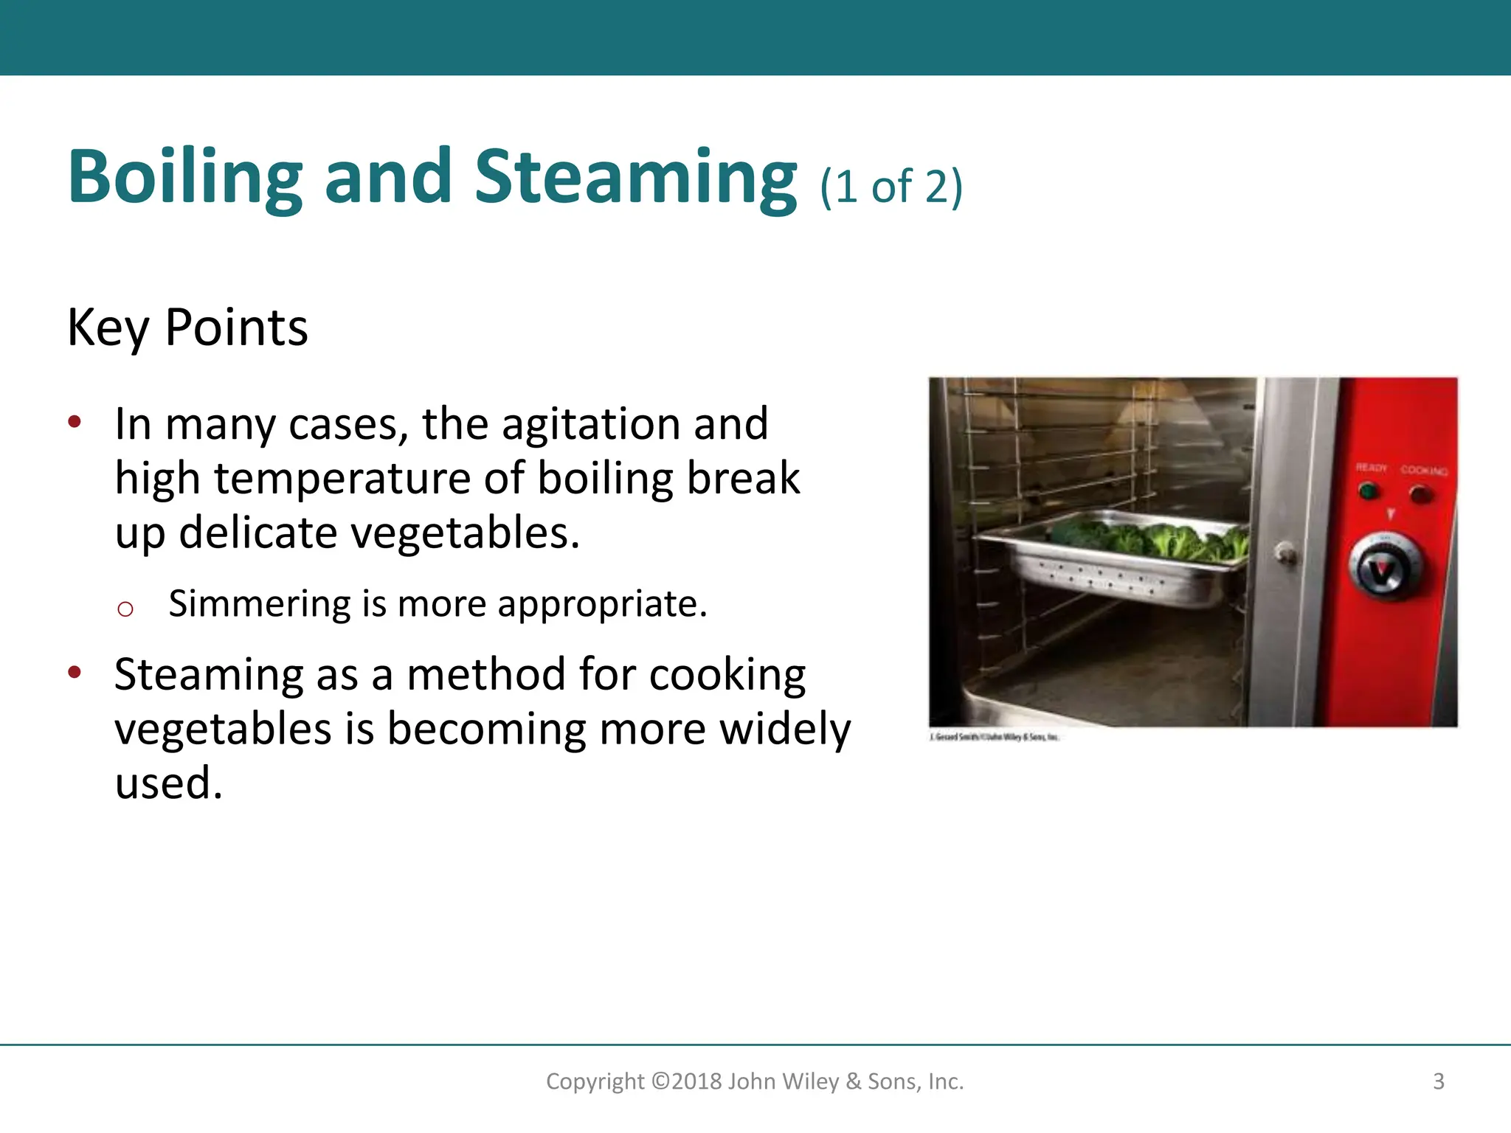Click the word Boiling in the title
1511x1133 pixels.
point(185,177)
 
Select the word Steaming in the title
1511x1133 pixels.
point(635,177)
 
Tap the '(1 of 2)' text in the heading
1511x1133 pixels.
point(891,187)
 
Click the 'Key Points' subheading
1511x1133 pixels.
point(187,328)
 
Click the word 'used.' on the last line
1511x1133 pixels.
point(169,783)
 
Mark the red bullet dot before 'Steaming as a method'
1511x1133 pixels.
point(75,672)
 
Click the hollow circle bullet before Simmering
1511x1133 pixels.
point(125,609)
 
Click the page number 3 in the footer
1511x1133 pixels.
point(1438,1081)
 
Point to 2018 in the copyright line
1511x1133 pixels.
point(697,1081)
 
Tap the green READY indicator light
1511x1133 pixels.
point(1369,491)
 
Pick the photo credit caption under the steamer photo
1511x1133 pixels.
point(994,737)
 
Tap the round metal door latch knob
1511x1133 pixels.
point(1286,552)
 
